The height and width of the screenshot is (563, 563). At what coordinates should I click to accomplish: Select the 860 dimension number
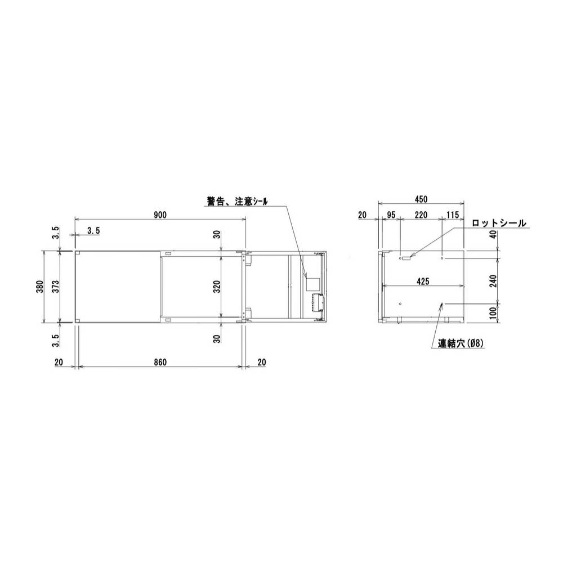coord(160,363)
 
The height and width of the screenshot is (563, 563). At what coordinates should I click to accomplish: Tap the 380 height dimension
coord(46,287)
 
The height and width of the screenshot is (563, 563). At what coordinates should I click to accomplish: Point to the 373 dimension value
coord(61,287)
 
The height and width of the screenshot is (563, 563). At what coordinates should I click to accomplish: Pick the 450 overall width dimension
coord(421,199)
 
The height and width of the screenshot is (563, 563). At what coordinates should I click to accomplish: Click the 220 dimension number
coord(421,215)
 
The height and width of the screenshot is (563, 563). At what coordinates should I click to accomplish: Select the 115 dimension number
coord(453,215)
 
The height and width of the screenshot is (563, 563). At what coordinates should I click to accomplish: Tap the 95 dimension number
coord(391,215)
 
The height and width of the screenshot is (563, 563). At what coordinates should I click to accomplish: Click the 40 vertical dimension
coord(494,235)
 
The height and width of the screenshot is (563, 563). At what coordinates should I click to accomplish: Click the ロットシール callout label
coord(499,224)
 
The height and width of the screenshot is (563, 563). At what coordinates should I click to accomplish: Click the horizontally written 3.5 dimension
coord(94,230)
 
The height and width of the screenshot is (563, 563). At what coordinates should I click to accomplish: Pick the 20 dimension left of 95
coord(362,215)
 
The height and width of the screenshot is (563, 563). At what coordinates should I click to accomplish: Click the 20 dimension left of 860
coord(59,363)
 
